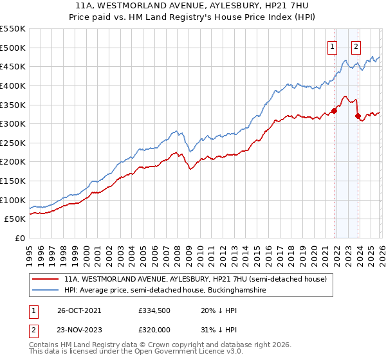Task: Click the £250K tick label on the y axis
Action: [x=12, y=143]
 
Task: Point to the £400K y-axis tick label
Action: [x=12, y=85]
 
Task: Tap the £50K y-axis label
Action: [x=15, y=219]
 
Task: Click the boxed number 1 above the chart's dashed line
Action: [x=332, y=46]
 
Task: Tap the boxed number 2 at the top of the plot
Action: [x=356, y=46]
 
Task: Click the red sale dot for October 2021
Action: [x=335, y=111]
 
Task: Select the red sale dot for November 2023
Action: [x=358, y=116]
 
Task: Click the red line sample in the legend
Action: [x=46, y=280]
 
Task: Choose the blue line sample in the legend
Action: [x=46, y=291]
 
